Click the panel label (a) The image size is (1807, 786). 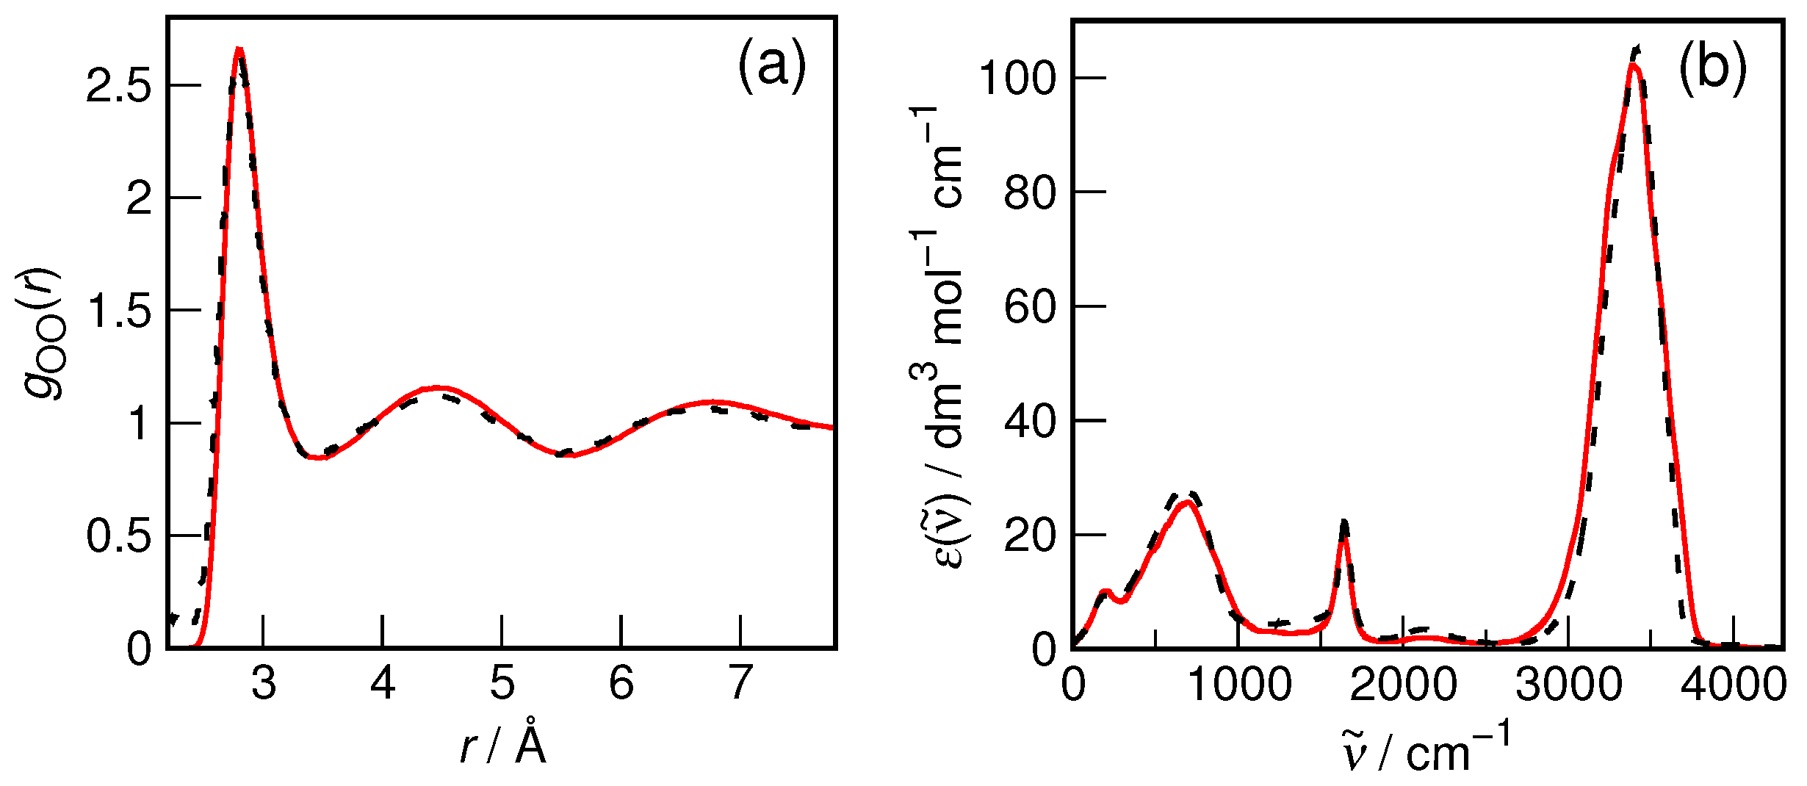click(771, 66)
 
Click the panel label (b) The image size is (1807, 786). click(1712, 69)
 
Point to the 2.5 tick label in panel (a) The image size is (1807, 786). click(118, 87)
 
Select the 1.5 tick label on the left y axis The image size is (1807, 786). click(118, 311)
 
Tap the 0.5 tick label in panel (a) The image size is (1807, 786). click(118, 536)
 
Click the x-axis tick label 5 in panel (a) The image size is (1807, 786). click(502, 683)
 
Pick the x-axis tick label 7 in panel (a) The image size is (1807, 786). click(740, 683)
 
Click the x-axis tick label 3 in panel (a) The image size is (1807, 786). click(264, 683)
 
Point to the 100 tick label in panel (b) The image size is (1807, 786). click(1017, 79)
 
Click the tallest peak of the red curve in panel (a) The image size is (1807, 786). click(239, 50)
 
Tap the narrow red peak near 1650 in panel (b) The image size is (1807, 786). click(1343, 538)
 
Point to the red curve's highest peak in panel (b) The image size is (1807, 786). click(1632, 65)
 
